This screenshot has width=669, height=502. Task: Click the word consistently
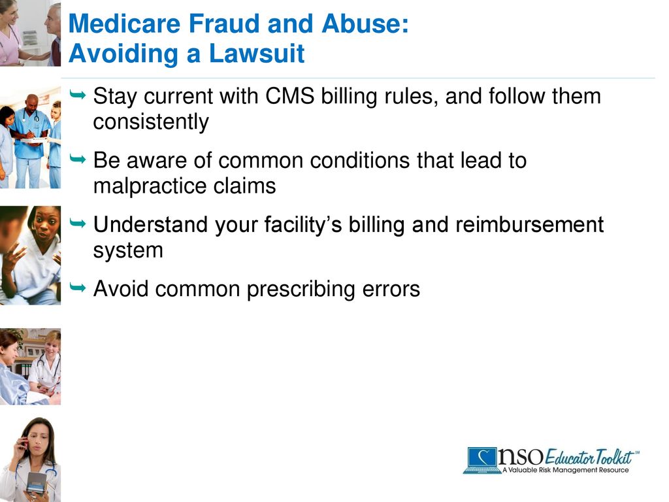(x=150, y=122)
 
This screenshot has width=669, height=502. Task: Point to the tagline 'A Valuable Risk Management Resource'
(x=566, y=470)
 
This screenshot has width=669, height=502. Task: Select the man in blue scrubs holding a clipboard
(x=30, y=134)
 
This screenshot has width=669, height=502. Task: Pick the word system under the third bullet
(x=128, y=250)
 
